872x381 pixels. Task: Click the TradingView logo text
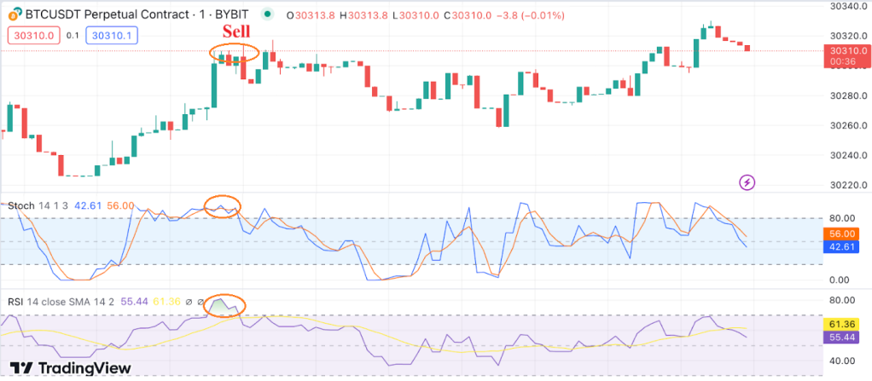86,367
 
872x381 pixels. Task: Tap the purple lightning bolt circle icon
747,182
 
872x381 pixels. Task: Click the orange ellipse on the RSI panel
226,304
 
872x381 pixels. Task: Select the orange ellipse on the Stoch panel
223,206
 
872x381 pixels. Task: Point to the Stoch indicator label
21,205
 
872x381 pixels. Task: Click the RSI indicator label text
15,301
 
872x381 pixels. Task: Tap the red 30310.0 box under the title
33,35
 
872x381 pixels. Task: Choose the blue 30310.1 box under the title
112,35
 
